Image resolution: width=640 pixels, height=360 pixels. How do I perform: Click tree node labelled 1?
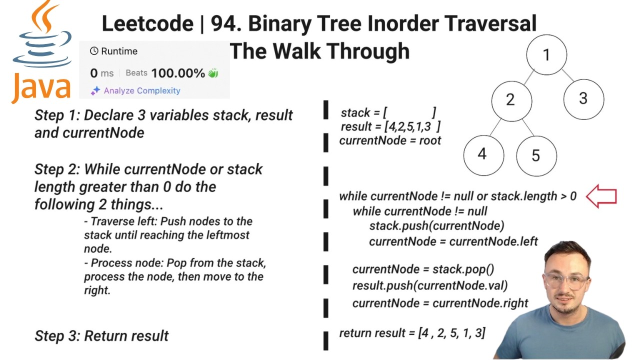tap(546, 54)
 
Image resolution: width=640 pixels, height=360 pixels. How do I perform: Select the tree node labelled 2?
tap(511, 100)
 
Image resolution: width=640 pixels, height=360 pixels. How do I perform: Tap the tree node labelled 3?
tap(583, 98)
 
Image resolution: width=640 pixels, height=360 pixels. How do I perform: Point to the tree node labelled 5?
tap(536, 155)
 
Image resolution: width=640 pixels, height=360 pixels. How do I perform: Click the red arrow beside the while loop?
tap(601, 196)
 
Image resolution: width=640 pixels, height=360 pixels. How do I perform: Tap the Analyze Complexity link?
tap(141, 90)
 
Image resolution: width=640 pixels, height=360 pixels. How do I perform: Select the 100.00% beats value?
tap(178, 73)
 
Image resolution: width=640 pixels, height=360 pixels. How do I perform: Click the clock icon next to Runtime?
tap(94, 51)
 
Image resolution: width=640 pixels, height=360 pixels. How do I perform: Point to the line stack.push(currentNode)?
tap(436, 226)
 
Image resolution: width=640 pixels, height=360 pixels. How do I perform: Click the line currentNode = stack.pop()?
tap(423, 269)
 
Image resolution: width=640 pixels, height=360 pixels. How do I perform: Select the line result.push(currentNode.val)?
tap(429, 285)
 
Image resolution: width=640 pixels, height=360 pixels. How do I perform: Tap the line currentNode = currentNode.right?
tap(440, 303)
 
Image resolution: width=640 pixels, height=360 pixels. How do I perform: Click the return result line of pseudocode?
tap(412, 333)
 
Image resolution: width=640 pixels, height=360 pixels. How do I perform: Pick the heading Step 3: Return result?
tap(101, 336)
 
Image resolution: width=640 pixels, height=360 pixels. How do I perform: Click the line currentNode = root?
tap(390, 140)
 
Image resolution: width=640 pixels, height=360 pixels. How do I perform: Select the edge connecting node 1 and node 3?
tap(567, 75)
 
